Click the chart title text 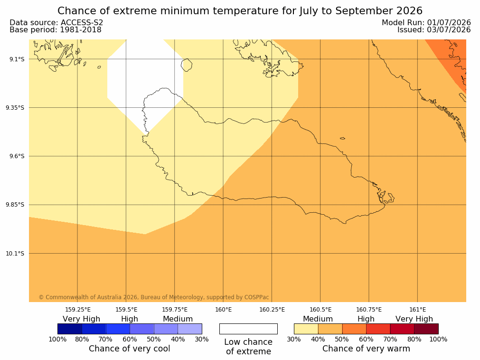pos(240,11)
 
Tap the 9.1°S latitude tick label pos(17,59)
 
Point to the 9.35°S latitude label pos(15,108)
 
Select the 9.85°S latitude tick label pos(15,205)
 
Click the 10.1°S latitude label pos(15,254)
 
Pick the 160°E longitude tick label pos(223,310)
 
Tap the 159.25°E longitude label pos(78,310)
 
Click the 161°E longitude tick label pos(417,310)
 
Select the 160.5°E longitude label pos(320,310)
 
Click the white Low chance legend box pos(248,329)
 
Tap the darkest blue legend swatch pos(70,329)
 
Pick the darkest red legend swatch pos(426,329)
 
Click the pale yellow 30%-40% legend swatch pos(306,329)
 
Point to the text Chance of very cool pos(130,349)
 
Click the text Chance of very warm pos(366,349)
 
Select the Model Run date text pos(426,23)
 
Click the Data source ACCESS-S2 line pos(56,23)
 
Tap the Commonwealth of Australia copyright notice pos(154,297)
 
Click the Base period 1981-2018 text pos(56,30)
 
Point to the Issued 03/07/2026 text pos(434,30)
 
